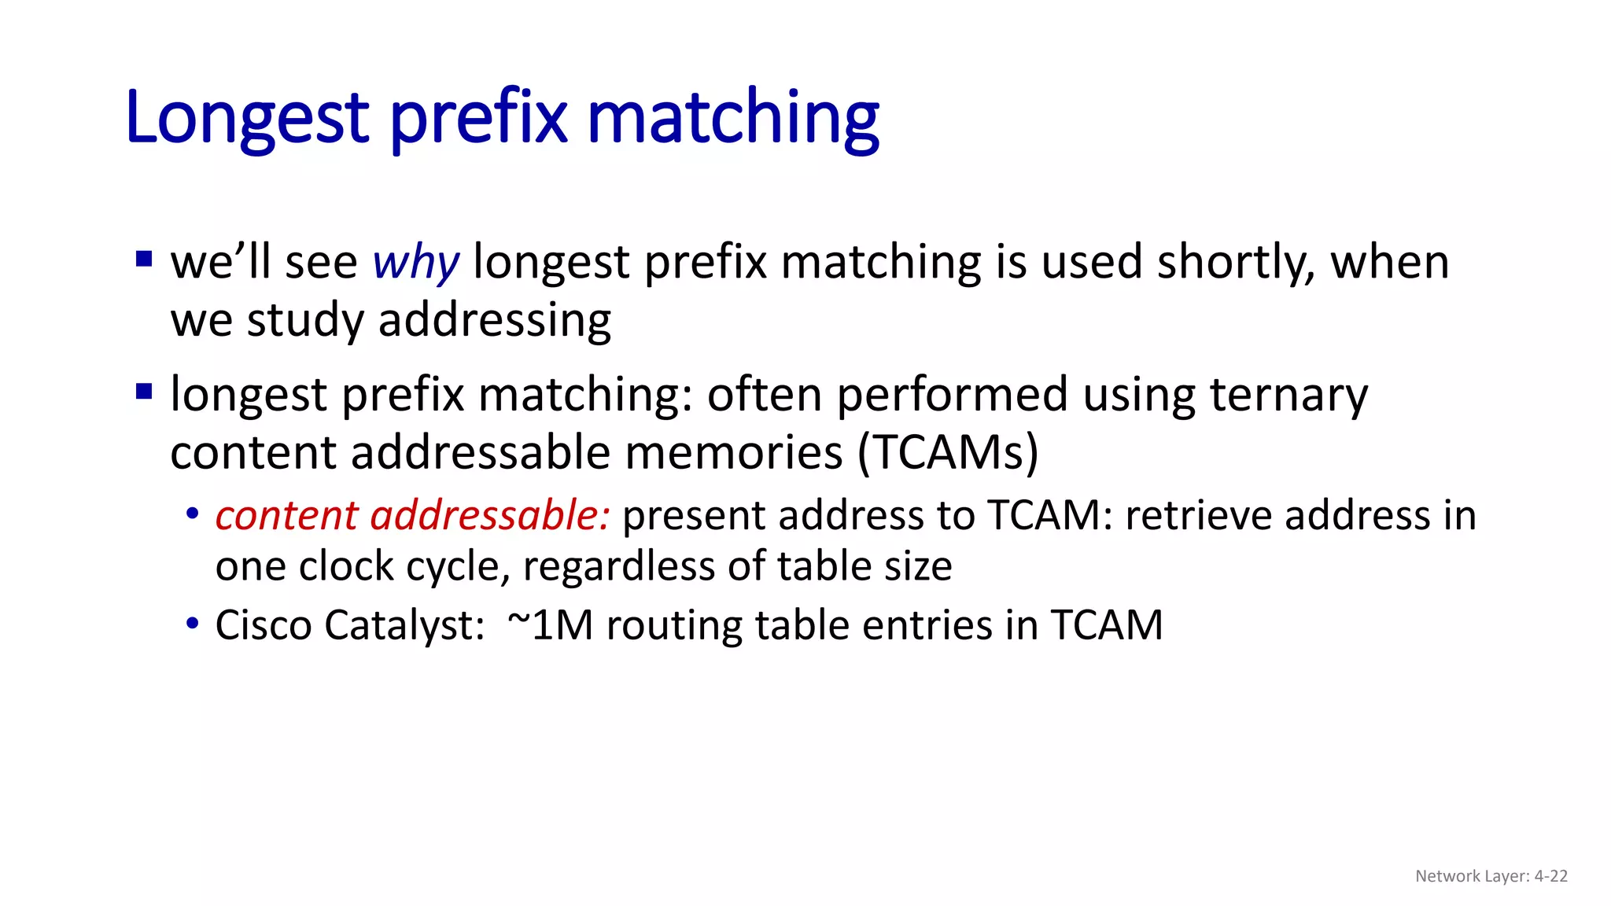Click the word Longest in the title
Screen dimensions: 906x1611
(x=246, y=118)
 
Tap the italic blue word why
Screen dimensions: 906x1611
(x=415, y=262)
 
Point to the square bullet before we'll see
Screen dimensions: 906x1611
(x=144, y=259)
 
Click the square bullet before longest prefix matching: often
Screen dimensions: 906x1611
(x=144, y=391)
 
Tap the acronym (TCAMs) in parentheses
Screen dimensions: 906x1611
(x=948, y=453)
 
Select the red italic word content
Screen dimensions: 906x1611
(x=286, y=516)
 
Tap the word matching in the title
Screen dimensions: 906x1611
(x=732, y=118)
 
